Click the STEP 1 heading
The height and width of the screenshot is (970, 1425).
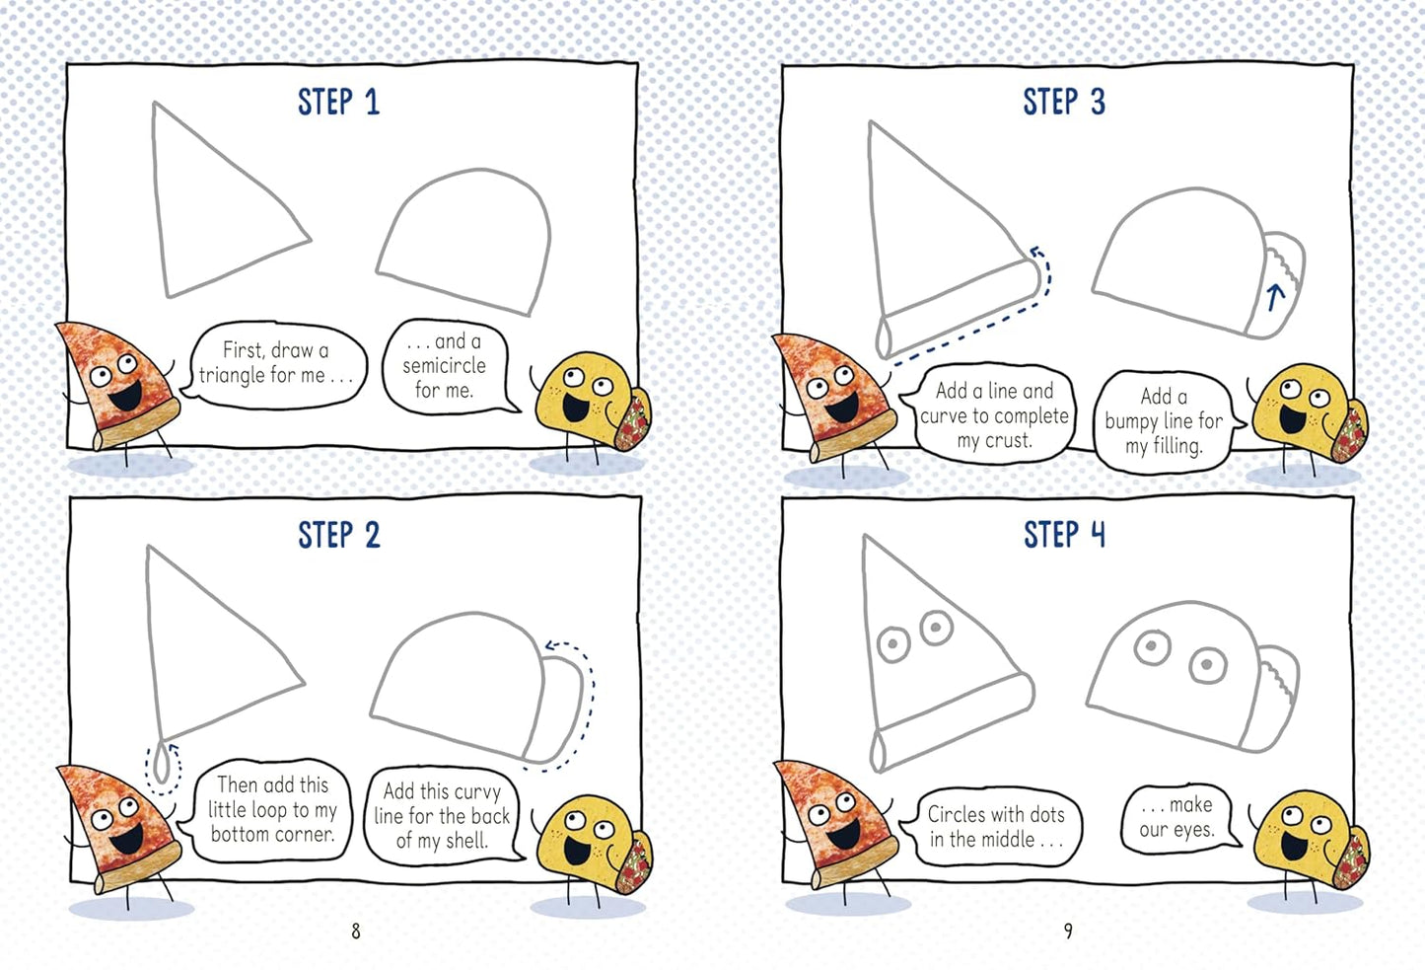pyautogui.click(x=338, y=103)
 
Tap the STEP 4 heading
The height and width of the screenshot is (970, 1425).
pyautogui.click(x=1064, y=535)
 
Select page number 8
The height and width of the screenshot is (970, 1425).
pyautogui.click(x=356, y=931)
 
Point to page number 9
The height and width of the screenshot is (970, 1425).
pyautogui.click(x=1068, y=931)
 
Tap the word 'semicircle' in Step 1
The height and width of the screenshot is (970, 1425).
pyautogui.click(x=444, y=365)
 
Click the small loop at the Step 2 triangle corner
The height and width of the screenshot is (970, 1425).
pyautogui.click(x=163, y=765)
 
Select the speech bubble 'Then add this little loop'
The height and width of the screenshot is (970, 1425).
pyautogui.click(x=271, y=809)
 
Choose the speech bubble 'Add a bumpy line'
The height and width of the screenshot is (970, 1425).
pyautogui.click(x=1164, y=420)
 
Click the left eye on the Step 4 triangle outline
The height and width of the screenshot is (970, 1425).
pyautogui.click(x=893, y=644)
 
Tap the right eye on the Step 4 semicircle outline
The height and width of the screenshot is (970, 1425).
pyautogui.click(x=1207, y=665)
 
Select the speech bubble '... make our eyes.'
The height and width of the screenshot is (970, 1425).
pyautogui.click(x=1176, y=817)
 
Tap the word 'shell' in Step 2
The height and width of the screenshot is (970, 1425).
pyautogui.click(x=465, y=841)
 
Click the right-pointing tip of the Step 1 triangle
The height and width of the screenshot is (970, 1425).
pyautogui.click(x=309, y=238)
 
